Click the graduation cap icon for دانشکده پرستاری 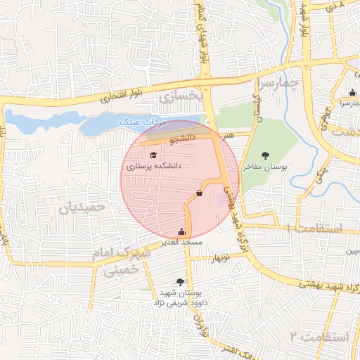tap(153, 155)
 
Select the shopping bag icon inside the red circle tap(200, 193)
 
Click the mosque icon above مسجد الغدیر tap(183, 231)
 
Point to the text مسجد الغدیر tap(182, 242)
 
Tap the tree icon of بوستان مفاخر tap(265, 155)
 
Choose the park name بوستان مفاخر tap(271, 167)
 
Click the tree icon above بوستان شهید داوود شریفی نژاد tap(189, 281)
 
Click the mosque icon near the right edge tap(352, 93)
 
